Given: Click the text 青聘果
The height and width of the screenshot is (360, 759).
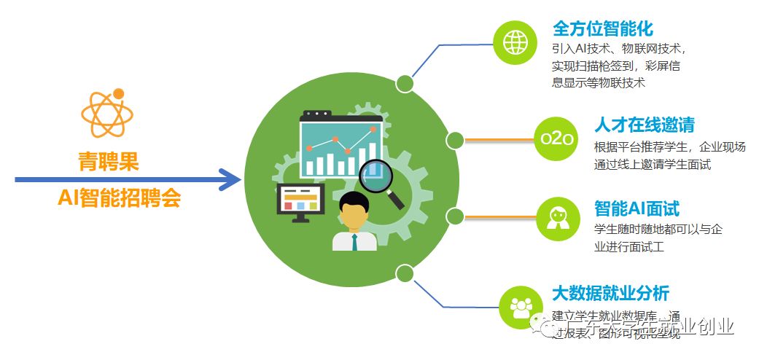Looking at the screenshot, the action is coord(108,162).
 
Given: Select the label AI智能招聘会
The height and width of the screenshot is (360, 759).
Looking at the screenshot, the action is coord(120,197).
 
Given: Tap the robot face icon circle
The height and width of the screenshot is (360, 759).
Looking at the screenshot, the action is coord(558,217).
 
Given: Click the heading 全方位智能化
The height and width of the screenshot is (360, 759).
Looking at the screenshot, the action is coord(602,29).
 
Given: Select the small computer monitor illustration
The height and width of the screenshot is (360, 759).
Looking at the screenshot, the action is coord(300,199).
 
